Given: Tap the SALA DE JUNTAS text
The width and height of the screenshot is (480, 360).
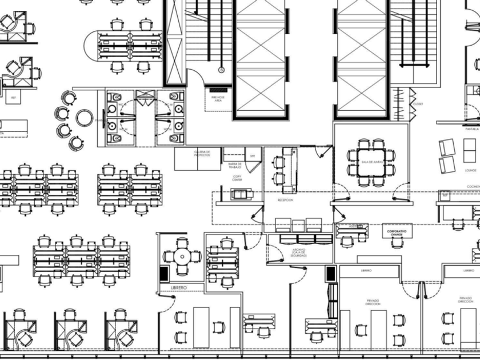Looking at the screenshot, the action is pyautogui.click(x=371, y=162).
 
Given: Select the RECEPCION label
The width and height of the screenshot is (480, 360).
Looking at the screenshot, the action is pyautogui.click(x=285, y=200).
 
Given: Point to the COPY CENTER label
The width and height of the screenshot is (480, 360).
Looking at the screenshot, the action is pyautogui.click(x=237, y=178).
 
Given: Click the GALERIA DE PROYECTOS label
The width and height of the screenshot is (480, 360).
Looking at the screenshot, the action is pyautogui.click(x=202, y=154).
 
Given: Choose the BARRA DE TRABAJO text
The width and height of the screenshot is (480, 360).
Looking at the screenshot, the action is pyautogui.click(x=235, y=166).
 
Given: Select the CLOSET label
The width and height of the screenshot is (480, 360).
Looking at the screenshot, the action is pyautogui.click(x=418, y=105).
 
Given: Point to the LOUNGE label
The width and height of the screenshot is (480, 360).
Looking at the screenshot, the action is pyautogui.click(x=471, y=170).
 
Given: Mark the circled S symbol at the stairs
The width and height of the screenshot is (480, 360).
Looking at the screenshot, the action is pyautogui.click(x=222, y=70).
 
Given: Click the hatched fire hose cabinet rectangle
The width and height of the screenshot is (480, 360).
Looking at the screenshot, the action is pyautogui.click(x=218, y=89).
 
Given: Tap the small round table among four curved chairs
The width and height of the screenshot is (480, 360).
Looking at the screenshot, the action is pyautogui.click(x=84, y=117).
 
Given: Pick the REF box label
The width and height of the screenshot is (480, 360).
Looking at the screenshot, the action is pyautogui.click(x=13, y=98).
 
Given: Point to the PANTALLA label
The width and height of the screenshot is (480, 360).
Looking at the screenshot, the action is pyautogui.click(x=471, y=129).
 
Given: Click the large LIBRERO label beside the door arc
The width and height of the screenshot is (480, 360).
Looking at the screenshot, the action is pyautogui.click(x=179, y=287).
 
